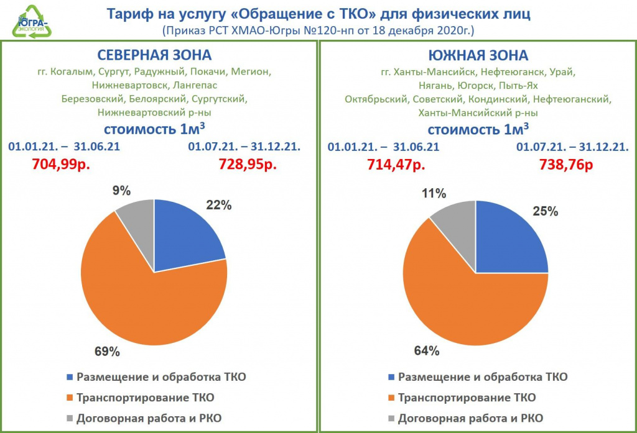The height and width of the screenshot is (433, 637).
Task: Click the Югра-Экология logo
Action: pos(31,21)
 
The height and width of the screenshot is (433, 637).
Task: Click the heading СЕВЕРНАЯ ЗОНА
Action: pos(154,55)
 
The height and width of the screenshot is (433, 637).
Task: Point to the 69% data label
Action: pos(107,352)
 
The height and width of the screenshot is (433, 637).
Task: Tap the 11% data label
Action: pos(433,193)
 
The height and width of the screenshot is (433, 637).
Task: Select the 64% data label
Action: pos(427,351)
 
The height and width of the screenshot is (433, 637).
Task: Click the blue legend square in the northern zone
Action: pos(70,377)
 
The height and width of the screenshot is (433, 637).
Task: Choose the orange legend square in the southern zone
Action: pos(391,398)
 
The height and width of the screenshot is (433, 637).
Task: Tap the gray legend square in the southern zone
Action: pos(391,418)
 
